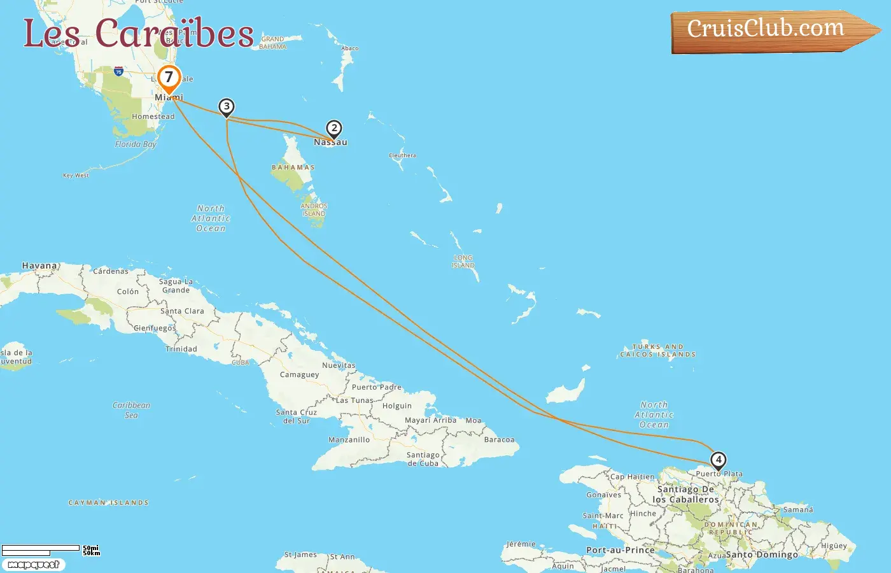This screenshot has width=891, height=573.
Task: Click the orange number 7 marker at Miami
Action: coord(169,78)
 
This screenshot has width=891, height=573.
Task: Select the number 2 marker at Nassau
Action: coord(333,128)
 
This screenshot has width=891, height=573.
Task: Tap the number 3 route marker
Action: coord(226,106)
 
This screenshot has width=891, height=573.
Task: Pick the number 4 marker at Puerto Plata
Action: coord(718,460)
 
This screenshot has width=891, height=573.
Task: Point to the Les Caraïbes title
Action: coord(139,33)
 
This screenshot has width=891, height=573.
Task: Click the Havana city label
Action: coord(39,265)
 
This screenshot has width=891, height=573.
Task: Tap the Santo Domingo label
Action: coord(762,555)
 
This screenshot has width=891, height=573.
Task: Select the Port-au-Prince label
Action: coord(620,550)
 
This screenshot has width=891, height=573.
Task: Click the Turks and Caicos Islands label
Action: coord(658,351)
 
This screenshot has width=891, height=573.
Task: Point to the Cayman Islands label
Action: coord(108,503)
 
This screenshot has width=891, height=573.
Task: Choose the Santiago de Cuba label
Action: coord(423,459)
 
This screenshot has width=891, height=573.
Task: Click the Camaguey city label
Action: coord(299,375)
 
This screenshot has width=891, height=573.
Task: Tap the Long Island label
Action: coord(463,262)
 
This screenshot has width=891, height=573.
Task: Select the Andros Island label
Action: coord(314,210)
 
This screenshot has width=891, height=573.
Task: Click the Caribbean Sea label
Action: coord(131,410)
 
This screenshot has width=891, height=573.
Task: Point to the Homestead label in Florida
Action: coord(153,117)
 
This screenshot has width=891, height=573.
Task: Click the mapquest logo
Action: coord(33,565)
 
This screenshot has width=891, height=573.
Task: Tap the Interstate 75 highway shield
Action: coord(118,71)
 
